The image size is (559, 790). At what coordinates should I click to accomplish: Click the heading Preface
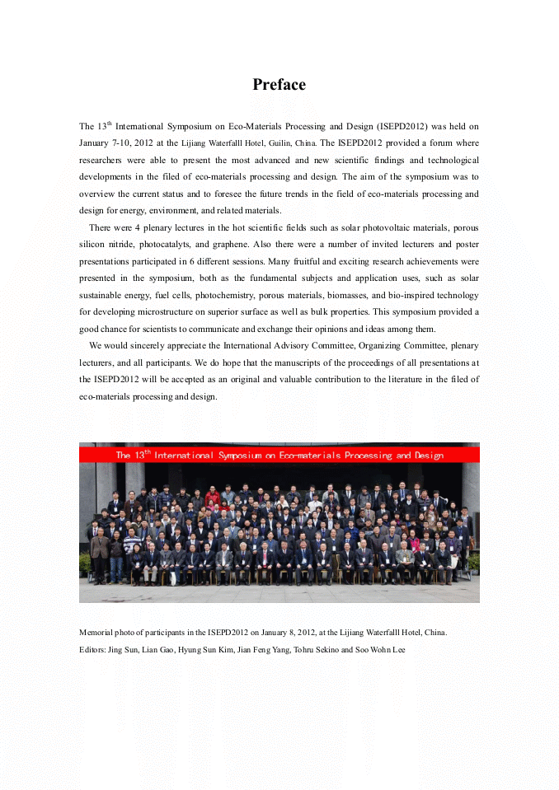[279, 85]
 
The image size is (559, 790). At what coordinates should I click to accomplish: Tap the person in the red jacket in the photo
[213, 497]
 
